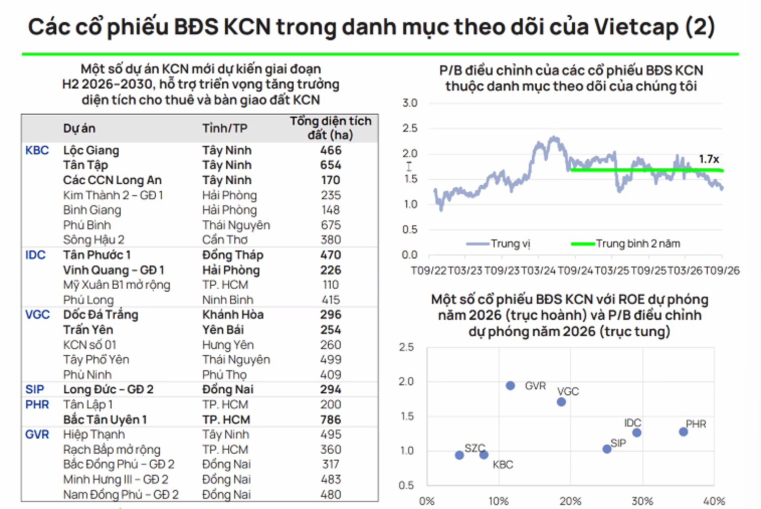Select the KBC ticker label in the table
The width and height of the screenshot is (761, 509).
[x=37, y=150]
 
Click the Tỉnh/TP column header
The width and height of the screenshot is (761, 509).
[x=225, y=128]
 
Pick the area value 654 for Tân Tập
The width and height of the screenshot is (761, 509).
[x=331, y=165]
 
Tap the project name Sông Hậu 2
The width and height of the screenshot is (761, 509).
[x=94, y=240]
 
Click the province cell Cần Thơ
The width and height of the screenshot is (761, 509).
[x=225, y=240]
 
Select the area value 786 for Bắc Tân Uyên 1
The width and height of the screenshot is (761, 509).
[x=331, y=420]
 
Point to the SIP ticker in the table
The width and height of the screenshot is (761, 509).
[x=34, y=389]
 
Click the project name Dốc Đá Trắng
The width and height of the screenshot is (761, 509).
[x=101, y=315]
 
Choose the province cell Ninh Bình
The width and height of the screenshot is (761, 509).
[x=228, y=300]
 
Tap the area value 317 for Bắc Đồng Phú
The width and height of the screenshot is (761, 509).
[x=331, y=464]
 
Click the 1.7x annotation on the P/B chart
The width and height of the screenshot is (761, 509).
[x=709, y=159]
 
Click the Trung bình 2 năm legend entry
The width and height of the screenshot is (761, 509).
[x=638, y=244]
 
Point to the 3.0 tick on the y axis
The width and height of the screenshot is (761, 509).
[x=410, y=103]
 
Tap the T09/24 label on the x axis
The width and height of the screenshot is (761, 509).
[x=575, y=270]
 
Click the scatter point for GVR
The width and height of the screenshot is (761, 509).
[x=510, y=385]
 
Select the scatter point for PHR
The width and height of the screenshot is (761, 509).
[x=683, y=432]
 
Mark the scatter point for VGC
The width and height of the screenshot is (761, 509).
[x=561, y=402]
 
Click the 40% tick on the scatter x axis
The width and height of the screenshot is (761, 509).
[x=714, y=501]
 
